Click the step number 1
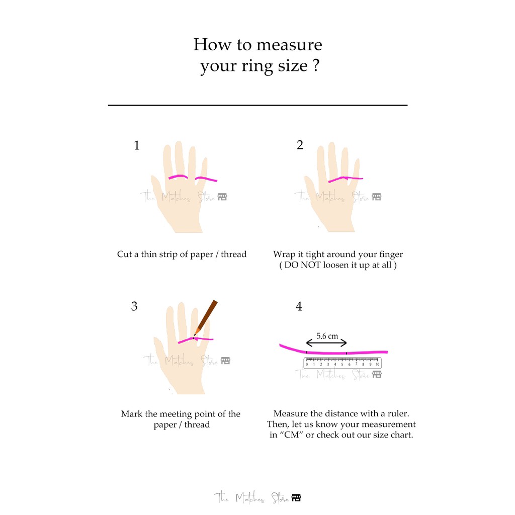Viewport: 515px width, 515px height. click(x=137, y=145)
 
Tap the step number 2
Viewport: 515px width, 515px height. click(x=300, y=145)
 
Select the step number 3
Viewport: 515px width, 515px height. click(x=134, y=306)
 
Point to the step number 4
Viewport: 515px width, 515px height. click(x=299, y=306)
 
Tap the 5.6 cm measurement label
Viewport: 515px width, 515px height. click(x=327, y=336)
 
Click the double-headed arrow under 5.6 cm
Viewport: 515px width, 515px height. click(x=326, y=343)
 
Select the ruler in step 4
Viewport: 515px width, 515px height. click(x=342, y=363)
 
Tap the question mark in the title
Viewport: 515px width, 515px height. click(x=316, y=65)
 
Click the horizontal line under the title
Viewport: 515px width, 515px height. click(x=258, y=105)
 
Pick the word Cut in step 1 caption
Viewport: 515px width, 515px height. click(x=125, y=254)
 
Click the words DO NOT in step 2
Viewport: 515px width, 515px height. click(x=302, y=265)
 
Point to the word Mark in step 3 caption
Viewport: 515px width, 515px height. click(x=131, y=414)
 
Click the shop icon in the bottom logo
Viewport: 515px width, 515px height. click(x=296, y=498)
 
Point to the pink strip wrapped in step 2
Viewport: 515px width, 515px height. click(x=346, y=179)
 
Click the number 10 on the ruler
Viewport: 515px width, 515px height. click(x=377, y=364)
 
